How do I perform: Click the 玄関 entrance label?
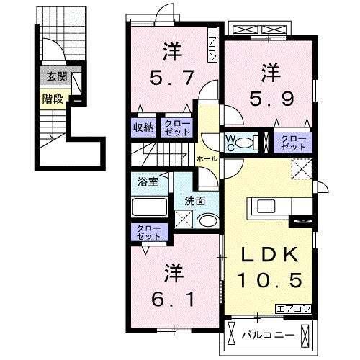pyautogui.click(x=53, y=76)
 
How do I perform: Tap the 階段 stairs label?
pyautogui.click(x=50, y=99)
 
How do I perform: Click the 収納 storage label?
pyautogui.click(x=143, y=127)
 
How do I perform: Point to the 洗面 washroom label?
pyautogui.click(x=194, y=201)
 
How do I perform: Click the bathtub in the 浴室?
pyautogui.click(x=150, y=208)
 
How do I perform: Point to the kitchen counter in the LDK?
pyautogui.click(x=271, y=207)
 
